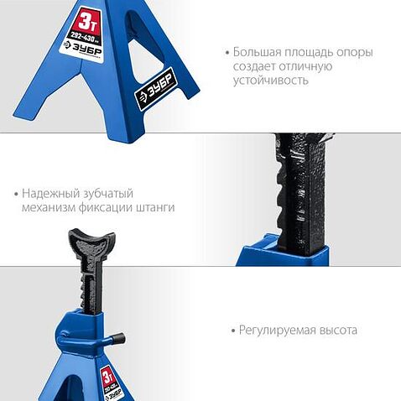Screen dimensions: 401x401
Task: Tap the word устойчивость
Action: pos(272,81)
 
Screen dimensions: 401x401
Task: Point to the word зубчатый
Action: pos(109,193)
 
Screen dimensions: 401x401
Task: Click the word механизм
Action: pos(51,207)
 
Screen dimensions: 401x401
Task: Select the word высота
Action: pos(337,331)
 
